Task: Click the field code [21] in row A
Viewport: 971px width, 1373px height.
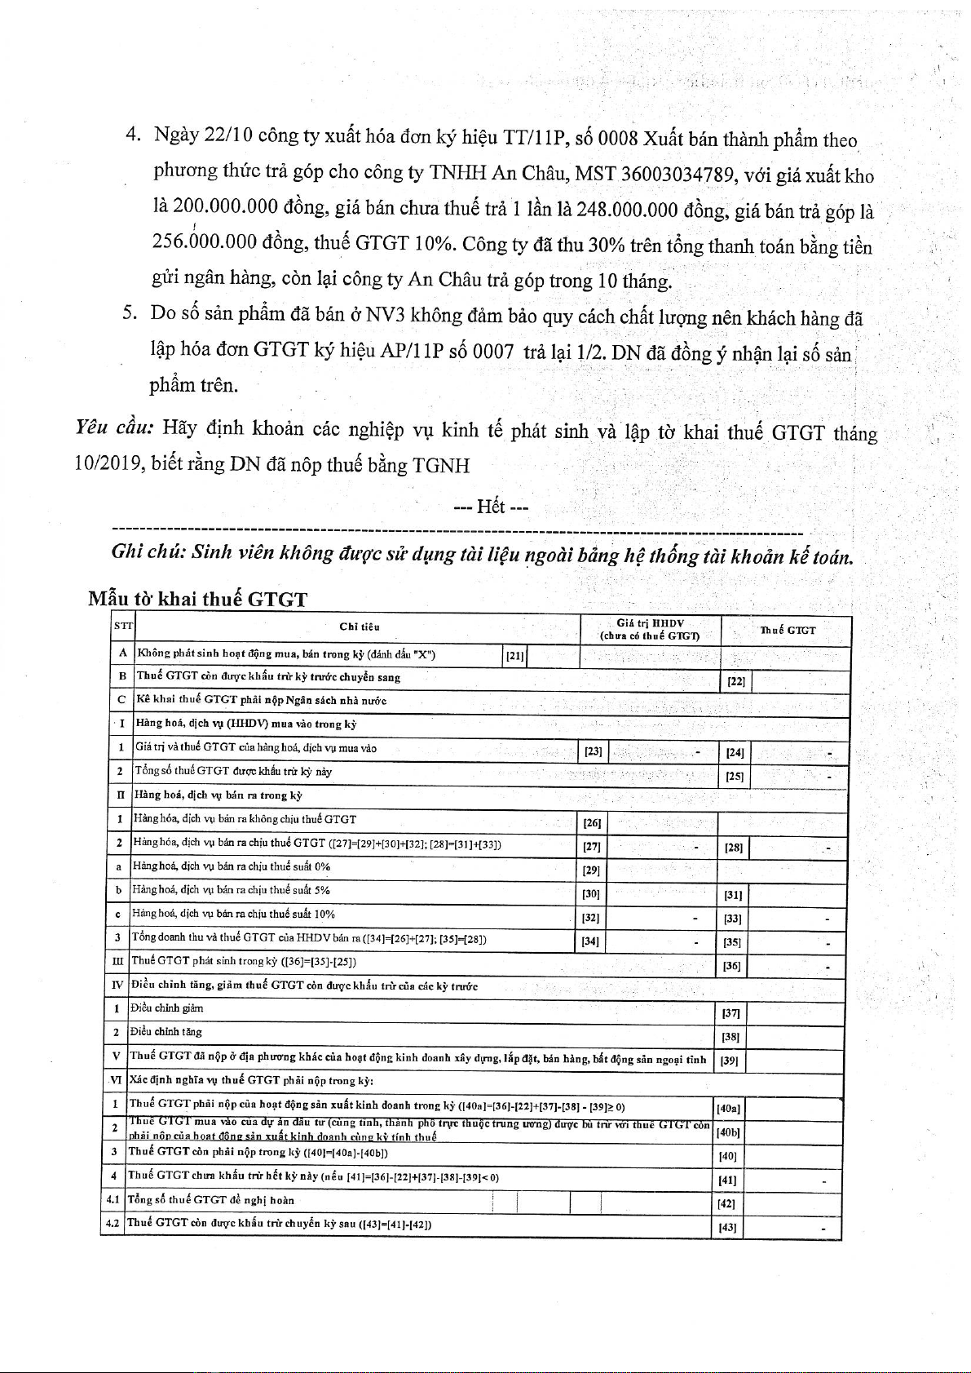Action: click(514, 655)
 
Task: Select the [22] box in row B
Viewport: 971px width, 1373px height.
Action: click(735, 681)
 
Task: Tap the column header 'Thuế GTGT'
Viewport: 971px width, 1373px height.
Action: click(787, 630)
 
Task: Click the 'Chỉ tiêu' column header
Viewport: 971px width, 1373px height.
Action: click(359, 627)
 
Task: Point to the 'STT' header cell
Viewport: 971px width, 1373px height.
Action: click(122, 627)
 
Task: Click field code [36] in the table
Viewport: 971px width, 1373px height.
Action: click(731, 967)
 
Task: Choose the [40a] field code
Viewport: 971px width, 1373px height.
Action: click(728, 1108)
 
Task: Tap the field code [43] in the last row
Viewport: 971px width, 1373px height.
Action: click(727, 1227)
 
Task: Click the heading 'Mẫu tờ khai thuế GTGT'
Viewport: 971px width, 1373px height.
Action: click(197, 600)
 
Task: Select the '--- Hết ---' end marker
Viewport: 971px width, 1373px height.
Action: click(491, 507)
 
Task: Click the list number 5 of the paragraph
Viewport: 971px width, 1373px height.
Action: click(128, 313)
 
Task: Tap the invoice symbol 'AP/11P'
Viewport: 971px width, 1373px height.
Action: click(413, 352)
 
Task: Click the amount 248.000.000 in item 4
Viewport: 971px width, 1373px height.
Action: click(627, 210)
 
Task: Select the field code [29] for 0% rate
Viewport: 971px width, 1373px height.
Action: click(591, 870)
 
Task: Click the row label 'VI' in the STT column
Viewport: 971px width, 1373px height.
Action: click(115, 1080)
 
